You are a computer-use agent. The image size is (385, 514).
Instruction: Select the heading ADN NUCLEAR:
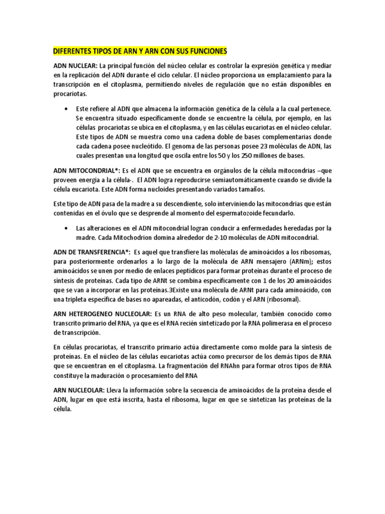[x=75, y=66]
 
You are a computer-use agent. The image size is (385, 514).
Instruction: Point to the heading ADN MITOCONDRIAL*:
[x=85, y=171]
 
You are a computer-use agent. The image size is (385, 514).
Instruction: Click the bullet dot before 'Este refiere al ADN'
[x=66, y=109]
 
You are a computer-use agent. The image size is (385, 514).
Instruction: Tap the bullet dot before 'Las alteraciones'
[x=66, y=228]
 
